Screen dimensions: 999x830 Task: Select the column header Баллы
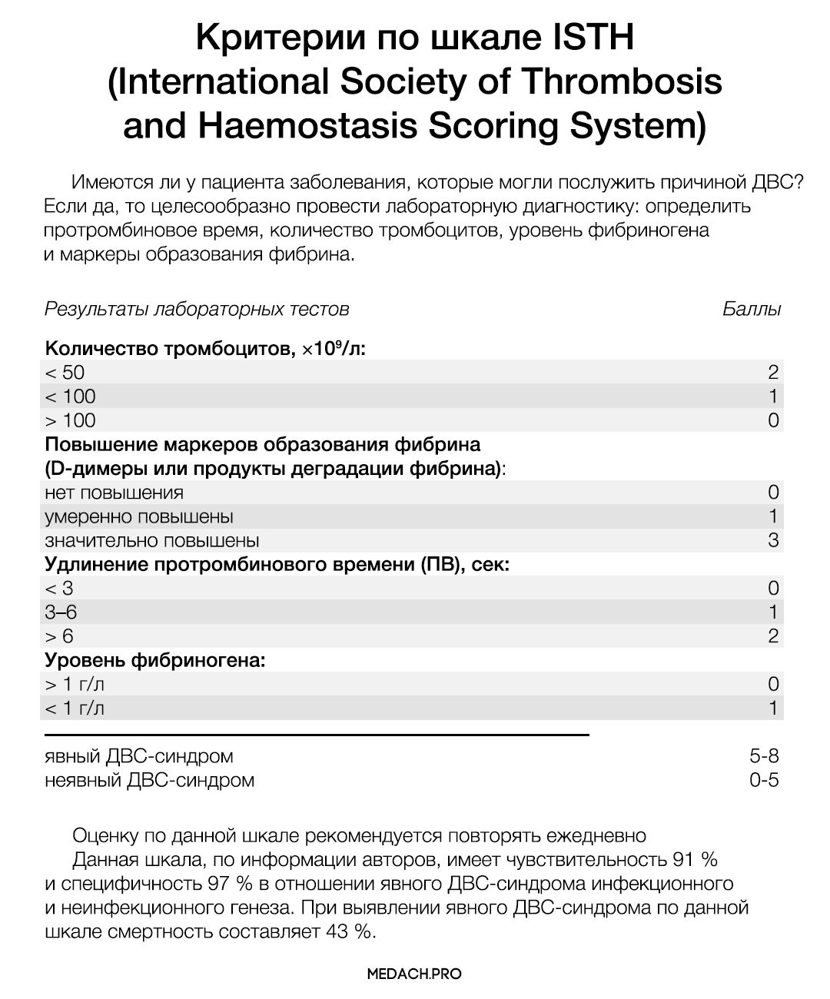tap(752, 309)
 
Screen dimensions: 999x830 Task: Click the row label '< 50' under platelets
tap(65, 373)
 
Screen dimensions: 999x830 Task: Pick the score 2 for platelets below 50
tap(773, 373)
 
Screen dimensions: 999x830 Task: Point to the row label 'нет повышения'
tap(115, 493)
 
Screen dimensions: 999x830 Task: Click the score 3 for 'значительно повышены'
tap(773, 540)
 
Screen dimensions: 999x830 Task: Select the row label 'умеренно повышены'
tap(139, 516)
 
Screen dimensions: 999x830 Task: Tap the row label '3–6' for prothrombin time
tap(61, 612)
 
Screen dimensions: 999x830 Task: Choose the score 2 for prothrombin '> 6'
tap(773, 636)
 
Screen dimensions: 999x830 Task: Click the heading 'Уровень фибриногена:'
tap(155, 660)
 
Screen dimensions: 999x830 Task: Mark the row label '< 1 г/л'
tap(75, 709)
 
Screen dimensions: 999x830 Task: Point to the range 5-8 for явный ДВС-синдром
tap(764, 756)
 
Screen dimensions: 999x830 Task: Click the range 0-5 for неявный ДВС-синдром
tap(764, 780)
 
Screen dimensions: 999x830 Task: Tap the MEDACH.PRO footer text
tap(415, 974)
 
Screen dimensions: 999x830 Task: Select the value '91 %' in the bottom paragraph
tap(695, 858)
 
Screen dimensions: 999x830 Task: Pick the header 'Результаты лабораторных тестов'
tap(197, 309)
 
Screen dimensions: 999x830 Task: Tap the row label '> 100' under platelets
tap(70, 420)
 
